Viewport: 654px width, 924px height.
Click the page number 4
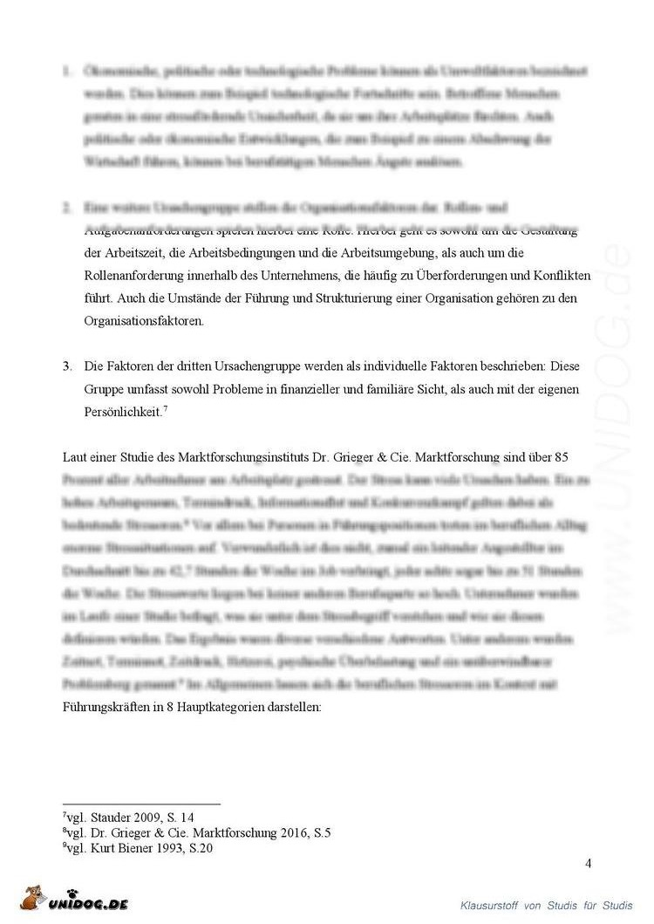[x=589, y=864]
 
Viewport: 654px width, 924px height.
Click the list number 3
[x=66, y=366]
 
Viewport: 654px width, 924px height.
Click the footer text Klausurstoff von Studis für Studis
[x=547, y=904]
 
